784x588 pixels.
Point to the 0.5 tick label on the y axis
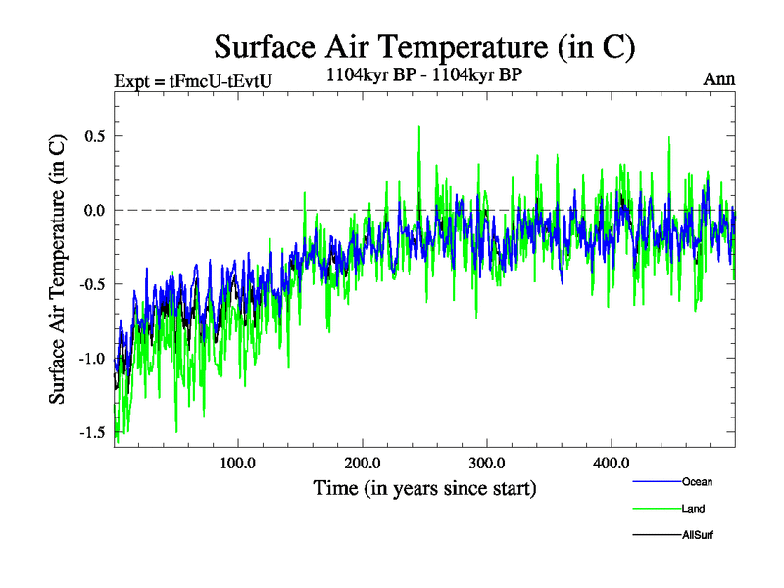[x=93, y=135]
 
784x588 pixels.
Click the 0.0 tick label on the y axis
[x=93, y=210]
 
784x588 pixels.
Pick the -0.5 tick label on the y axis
[x=90, y=284]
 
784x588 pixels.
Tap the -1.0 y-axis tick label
[x=90, y=358]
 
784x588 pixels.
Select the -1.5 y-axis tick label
[x=90, y=432]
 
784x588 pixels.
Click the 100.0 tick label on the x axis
[x=238, y=463]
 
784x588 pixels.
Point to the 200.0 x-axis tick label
[x=363, y=463]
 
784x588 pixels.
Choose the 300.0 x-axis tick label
[x=486, y=463]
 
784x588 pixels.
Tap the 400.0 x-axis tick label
[x=611, y=463]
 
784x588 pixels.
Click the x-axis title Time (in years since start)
[x=424, y=487]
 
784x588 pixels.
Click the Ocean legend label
[x=698, y=482]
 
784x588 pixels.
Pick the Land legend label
[x=693, y=509]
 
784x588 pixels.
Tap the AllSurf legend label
[x=698, y=535]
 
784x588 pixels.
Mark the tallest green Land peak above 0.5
[x=419, y=127]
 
